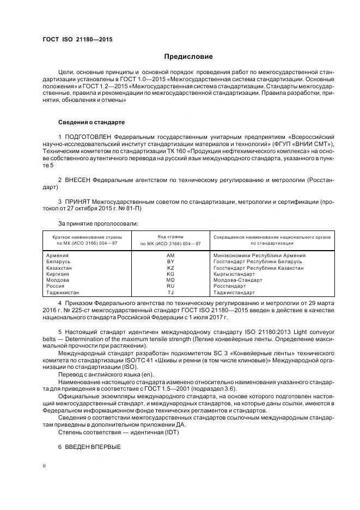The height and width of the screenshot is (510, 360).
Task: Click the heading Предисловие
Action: tap(188, 57)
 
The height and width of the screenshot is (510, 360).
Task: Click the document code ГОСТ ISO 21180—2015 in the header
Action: tap(77, 40)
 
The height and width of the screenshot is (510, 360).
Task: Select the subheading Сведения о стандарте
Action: tap(91, 122)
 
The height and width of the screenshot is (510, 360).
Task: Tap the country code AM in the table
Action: tap(170, 255)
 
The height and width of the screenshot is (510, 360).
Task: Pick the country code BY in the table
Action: tap(170, 262)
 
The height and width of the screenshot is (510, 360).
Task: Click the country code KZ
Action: tap(170, 268)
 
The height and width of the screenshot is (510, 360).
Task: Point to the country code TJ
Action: tap(170, 293)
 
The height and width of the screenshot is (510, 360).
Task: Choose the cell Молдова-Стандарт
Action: tap(237, 280)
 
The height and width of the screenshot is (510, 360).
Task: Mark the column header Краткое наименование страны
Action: tap(87, 238)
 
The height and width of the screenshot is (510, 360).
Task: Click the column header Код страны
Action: tap(170, 237)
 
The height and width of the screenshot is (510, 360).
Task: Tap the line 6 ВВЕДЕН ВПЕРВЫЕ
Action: tap(89, 447)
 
